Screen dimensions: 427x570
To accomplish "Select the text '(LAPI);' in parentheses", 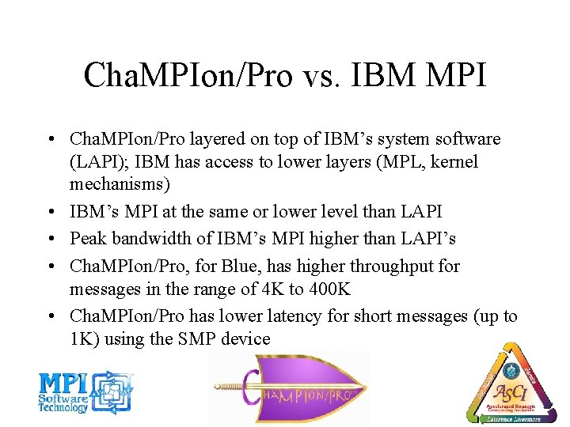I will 101,161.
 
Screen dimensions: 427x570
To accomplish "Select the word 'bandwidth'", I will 148,239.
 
